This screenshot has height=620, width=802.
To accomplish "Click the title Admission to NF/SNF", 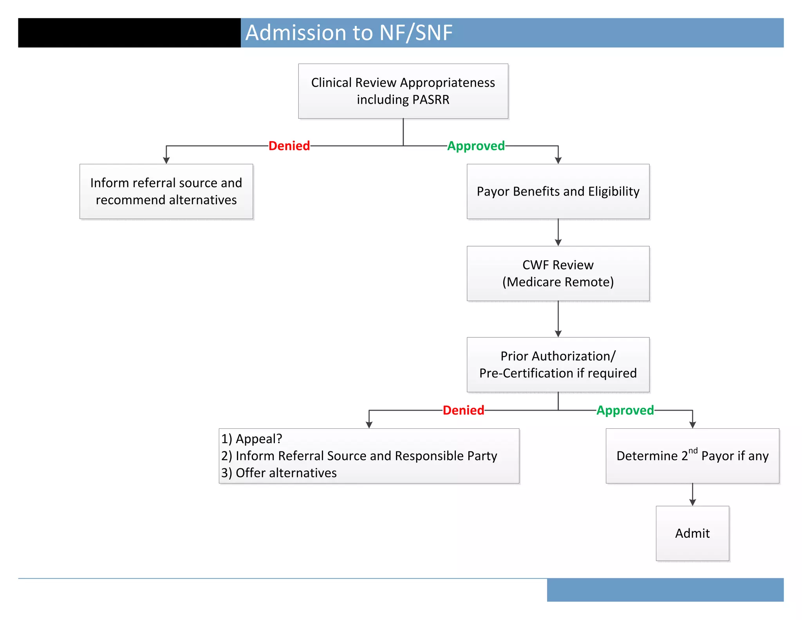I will tap(349, 33).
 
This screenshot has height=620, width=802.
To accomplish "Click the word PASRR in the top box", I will tap(431, 100).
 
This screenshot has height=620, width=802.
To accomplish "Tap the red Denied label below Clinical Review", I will tap(289, 146).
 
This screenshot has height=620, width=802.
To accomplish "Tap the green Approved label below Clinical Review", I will tap(476, 146).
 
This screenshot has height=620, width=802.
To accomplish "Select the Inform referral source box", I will tap(166, 191).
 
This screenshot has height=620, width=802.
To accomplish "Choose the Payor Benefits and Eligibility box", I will tap(558, 191).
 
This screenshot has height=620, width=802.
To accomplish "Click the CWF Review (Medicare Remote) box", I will tap(558, 274).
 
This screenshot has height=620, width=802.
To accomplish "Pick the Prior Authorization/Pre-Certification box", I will tap(558, 364).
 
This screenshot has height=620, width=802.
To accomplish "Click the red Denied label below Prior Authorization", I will tap(463, 410).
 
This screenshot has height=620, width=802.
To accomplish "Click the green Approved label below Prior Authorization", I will tap(625, 410).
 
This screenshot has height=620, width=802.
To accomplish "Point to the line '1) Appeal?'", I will tap(251, 439).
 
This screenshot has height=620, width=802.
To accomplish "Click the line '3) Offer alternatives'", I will tap(279, 473).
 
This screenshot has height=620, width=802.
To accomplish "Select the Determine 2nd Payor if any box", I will tap(692, 456).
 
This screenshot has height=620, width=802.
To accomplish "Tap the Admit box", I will tap(692, 533).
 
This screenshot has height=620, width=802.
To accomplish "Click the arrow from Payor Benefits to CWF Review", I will tap(558, 232).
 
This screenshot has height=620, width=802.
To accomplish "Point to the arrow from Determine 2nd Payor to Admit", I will tap(692, 494).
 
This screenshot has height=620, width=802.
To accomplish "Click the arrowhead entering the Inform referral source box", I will tap(166, 160).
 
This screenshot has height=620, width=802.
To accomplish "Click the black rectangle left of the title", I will tap(129, 33).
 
